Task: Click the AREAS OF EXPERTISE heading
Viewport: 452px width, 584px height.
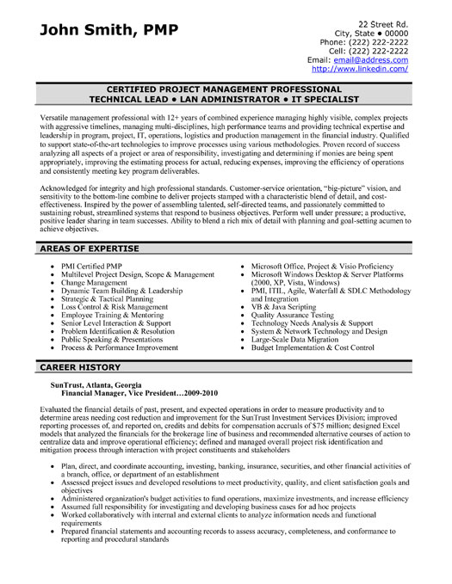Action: [88, 248]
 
